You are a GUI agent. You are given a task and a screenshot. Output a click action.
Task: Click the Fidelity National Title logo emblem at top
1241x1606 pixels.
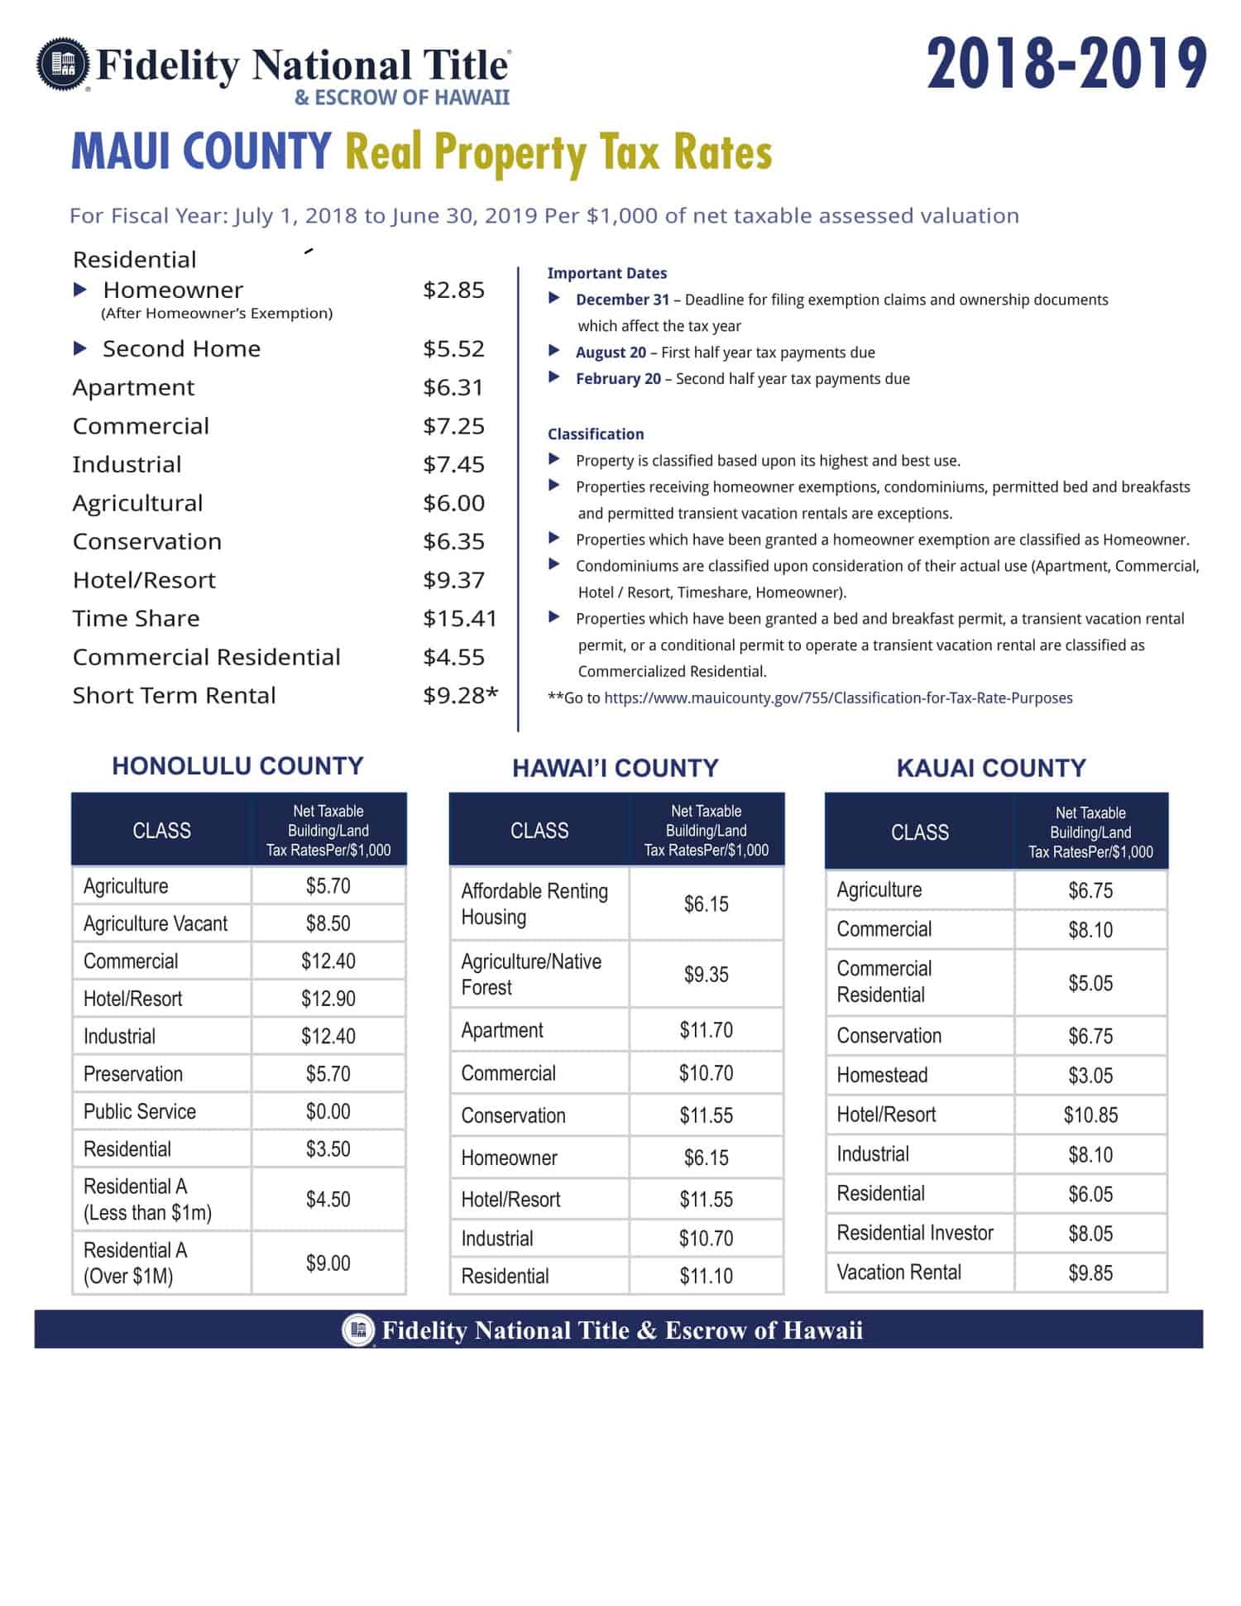(x=63, y=63)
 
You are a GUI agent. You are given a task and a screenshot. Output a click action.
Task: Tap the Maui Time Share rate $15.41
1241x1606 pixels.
(x=459, y=618)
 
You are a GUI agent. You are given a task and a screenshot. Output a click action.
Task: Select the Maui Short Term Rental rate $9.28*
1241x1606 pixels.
(x=460, y=695)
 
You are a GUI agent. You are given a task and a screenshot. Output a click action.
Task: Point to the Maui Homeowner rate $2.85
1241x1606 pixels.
(x=453, y=290)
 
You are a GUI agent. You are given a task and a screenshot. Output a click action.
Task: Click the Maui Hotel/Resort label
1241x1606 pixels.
(x=144, y=580)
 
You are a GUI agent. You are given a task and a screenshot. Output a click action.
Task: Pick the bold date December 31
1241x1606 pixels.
(x=622, y=300)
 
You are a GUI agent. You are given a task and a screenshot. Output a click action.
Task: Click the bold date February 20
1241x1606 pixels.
(x=618, y=379)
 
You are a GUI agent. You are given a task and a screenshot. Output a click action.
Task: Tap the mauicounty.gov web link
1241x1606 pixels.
(x=837, y=698)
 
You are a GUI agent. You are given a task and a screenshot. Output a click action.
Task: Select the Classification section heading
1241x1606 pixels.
(x=595, y=434)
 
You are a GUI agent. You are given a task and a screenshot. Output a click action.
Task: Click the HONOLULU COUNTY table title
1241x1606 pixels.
(x=237, y=765)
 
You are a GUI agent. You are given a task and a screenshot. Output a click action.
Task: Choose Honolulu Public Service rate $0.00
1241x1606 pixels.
(x=328, y=1111)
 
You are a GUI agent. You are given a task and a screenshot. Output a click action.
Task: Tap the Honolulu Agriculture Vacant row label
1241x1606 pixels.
(x=155, y=923)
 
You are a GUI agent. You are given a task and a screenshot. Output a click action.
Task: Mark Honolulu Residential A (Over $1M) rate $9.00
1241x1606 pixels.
(x=328, y=1263)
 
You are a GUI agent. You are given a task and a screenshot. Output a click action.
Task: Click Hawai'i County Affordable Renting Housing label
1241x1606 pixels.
(x=534, y=904)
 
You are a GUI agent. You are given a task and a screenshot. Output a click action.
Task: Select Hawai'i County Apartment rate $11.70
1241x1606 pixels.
(x=706, y=1030)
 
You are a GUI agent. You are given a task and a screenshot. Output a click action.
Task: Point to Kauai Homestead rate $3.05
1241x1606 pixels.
(x=1090, y=1076)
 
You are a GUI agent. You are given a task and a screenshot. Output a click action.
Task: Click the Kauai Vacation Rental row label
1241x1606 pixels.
(x=898, y=1272)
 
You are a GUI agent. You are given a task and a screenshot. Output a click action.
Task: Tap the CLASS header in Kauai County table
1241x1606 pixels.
(x=919, y=832)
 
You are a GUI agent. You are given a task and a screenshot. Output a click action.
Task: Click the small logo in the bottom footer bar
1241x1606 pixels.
(x=358, y=1330)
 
